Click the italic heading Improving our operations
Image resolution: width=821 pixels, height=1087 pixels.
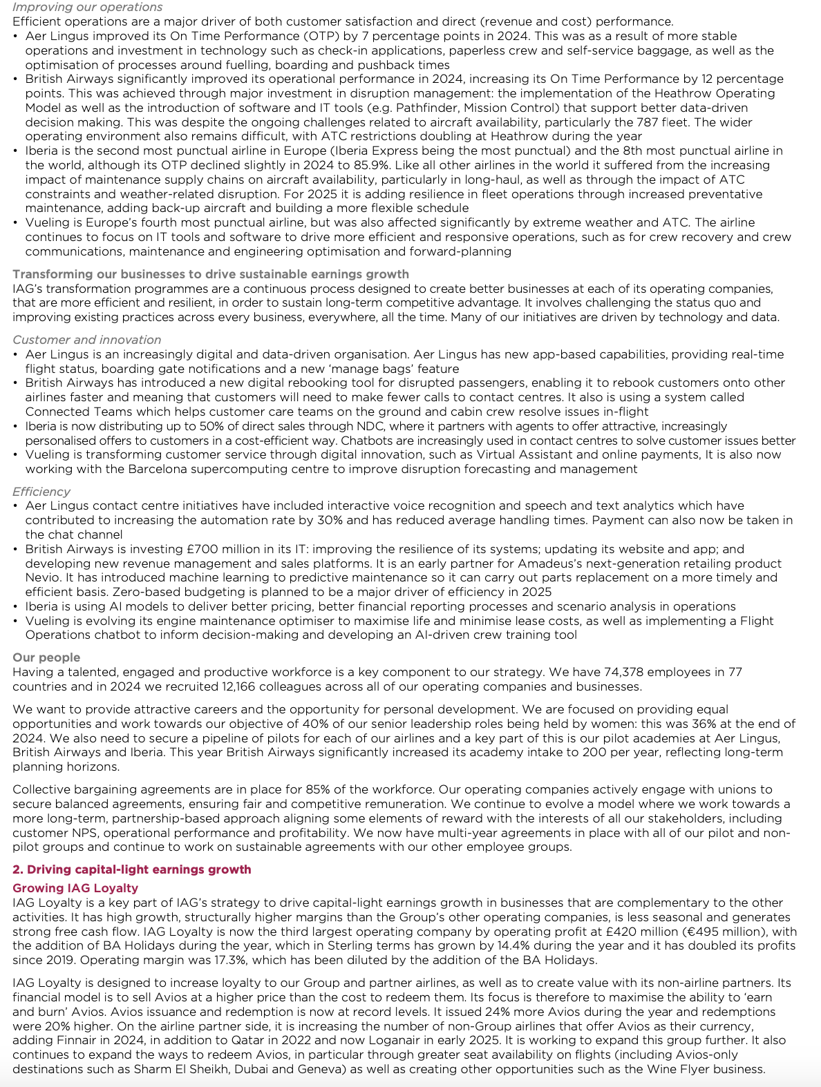[x=88, y=7]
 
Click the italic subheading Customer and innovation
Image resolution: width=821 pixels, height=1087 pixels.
[x=86, y=340]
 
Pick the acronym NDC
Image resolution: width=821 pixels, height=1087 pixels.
[x=334, y=426]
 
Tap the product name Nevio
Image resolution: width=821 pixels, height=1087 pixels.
[x=42, y=577]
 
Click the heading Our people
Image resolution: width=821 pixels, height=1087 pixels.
[x=46, y=657]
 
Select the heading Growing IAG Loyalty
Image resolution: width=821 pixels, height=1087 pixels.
[x=75, y=888]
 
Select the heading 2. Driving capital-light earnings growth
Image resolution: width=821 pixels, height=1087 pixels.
[x=131, y=869]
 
